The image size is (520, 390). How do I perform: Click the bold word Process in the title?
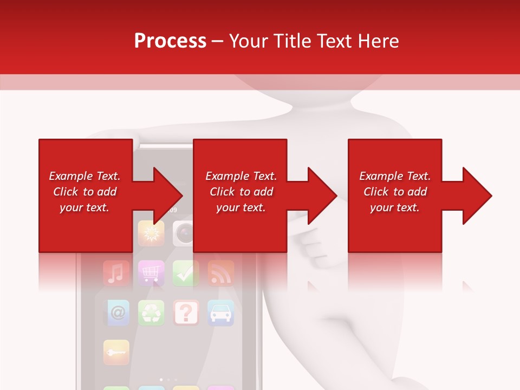point(170,41)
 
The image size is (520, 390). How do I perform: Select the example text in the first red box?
point(84,192)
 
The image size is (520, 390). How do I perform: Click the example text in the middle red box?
point(241,192)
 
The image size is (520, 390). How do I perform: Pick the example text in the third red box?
point(395,192)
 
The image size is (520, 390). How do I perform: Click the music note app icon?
point(116,273)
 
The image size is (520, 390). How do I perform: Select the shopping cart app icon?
point(151,273)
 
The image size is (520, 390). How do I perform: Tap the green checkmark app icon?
point(186,273)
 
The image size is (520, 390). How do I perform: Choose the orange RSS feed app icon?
point(220,273)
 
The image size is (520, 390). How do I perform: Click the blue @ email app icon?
point(116,313)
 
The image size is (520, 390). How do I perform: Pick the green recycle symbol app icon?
point(151,313)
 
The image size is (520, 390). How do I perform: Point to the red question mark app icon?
point(186,313)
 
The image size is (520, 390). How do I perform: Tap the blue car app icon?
point(220,313)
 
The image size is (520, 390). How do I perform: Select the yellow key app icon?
point(116,352)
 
